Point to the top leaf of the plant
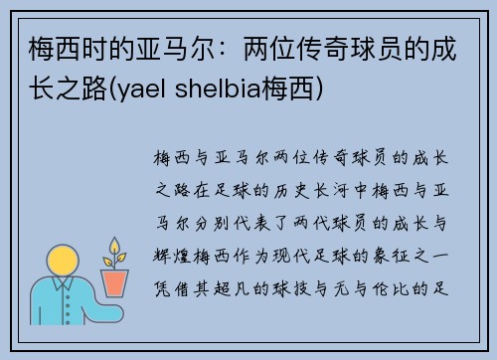tap(115, 246)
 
